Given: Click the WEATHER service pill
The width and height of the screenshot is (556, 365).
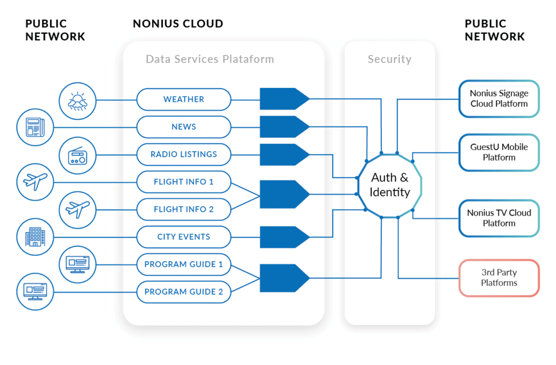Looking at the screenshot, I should tap(184, 99).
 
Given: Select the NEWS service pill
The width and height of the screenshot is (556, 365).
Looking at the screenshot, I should tap(184, 127).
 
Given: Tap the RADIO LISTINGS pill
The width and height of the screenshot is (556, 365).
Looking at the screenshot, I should tap(184, 154).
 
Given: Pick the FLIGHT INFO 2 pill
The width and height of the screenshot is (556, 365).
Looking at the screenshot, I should tap(184, 209).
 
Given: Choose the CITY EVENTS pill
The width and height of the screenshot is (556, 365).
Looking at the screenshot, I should tap(184, 237).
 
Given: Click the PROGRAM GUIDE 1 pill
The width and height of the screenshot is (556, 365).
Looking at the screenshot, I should tap(184, 265).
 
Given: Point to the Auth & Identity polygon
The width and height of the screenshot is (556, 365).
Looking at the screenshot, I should tap(390, 185).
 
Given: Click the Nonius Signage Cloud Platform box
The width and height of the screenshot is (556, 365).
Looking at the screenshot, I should tap(499, 98).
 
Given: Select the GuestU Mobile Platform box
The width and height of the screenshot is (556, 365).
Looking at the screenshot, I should tap(499, 152).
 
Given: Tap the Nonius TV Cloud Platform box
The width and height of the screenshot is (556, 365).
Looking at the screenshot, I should tap(499, 218).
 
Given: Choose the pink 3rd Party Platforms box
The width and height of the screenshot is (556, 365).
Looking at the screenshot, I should tap(499, 278).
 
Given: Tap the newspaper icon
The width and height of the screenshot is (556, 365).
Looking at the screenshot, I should tap(35, 127).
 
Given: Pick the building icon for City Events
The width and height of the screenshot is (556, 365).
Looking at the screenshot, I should tap(35, 237).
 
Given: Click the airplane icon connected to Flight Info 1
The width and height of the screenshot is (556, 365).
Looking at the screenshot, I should tap(35, 182).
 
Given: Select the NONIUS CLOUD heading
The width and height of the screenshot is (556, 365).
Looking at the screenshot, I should tap(178, 24).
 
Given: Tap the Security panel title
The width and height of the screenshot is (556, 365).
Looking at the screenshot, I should tap(389, 59).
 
